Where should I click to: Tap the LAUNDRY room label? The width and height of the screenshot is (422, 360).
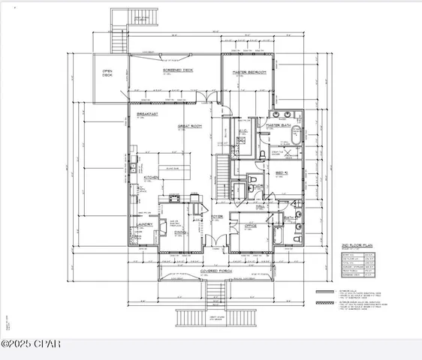coord(145,223)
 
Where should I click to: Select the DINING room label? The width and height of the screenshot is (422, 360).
coord(180,231)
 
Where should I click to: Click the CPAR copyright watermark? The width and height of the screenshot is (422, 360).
coord(31,344)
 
